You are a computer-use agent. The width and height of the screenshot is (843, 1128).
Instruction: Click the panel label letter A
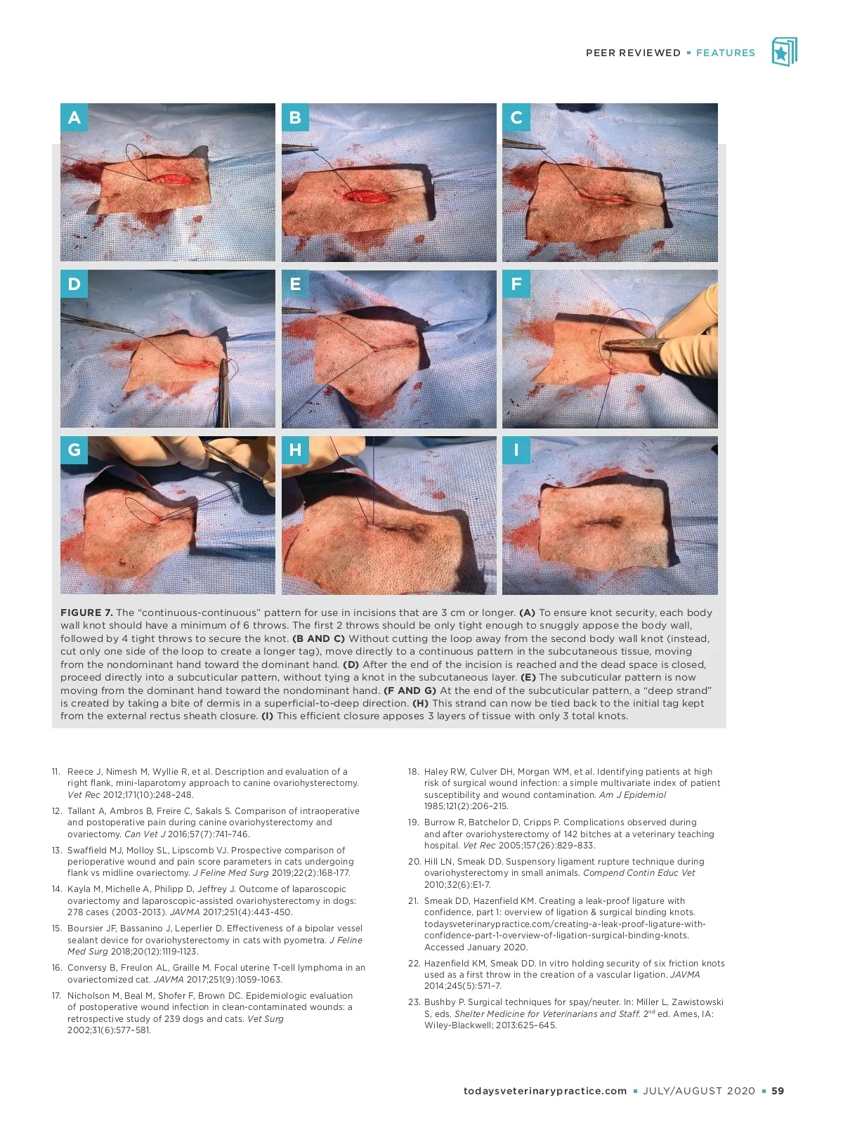74,118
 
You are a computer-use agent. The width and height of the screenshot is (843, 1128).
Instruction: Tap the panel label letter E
295,284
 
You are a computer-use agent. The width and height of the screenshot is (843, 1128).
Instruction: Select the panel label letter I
516,450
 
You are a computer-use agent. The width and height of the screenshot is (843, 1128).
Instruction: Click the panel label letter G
74,450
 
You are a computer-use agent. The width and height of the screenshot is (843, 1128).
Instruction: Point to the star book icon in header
784,52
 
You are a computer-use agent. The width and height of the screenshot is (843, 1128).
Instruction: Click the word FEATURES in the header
725,53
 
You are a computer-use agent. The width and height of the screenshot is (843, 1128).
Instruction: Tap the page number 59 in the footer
778,1091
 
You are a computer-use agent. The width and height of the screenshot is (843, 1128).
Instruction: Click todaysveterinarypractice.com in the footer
545,1091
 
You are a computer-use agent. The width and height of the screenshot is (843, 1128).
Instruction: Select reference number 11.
55,771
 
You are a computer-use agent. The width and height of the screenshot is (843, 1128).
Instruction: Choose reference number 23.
414,1002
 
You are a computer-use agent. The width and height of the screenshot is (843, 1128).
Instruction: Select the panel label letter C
516,118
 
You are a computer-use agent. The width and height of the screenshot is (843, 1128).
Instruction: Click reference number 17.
55,995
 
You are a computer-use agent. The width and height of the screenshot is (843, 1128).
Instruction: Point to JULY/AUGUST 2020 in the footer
699,1091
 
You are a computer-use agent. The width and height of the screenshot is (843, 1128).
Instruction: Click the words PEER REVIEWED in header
633,53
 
